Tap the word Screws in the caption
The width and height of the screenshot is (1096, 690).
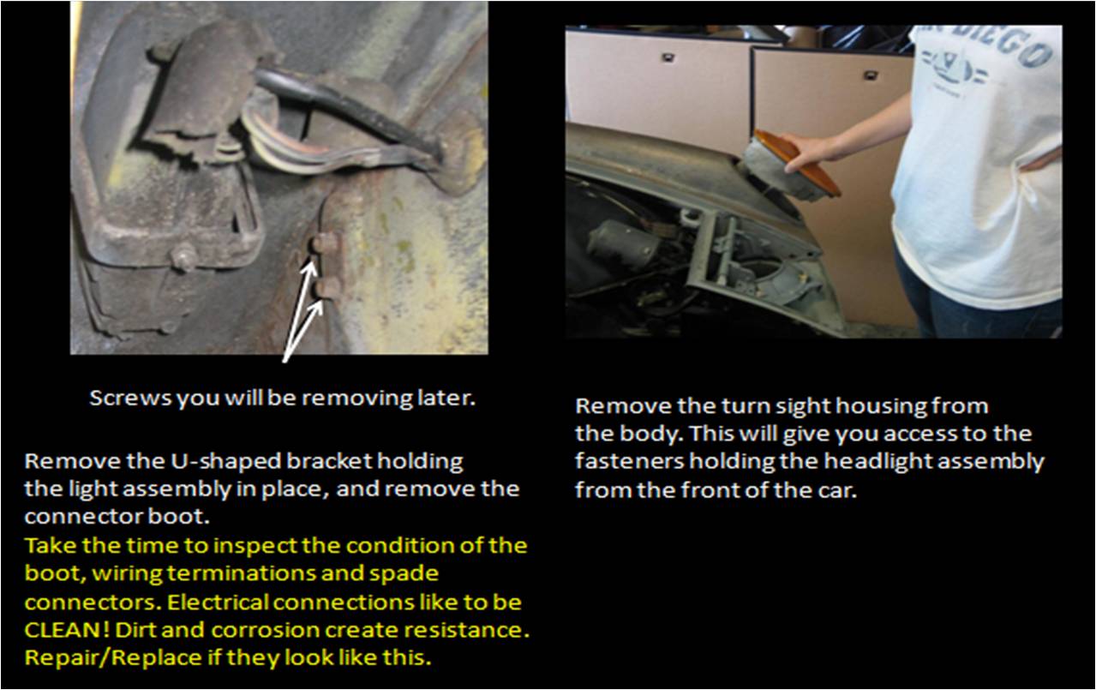click(x=130, y=399)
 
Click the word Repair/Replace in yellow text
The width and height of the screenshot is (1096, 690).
click(x=113, y=657)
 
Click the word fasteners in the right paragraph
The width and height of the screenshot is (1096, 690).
click(x=629, y=461)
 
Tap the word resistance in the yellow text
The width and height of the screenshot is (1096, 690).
click(x=468, y=630)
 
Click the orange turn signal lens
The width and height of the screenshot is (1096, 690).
click(x=797, y=161)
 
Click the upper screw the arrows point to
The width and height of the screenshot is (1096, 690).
click(x=324, y=244)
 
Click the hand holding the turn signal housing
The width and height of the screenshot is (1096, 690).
click(x=807, y=152)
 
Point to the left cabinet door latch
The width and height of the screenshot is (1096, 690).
click(x=667, y=57)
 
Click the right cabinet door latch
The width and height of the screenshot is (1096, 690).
click(x=871, y=75)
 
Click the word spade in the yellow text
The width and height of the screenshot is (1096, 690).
click(x=403, y=573)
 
